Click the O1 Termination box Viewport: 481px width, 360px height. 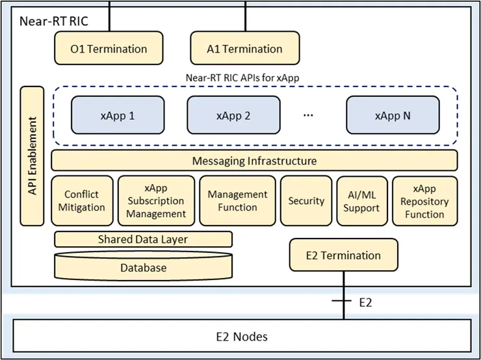109,49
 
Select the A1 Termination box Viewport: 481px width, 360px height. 244,49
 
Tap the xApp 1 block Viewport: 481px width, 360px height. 118,116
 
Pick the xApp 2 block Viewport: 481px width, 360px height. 233,116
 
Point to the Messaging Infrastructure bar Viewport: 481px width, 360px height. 254,161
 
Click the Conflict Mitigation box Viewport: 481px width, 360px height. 81,201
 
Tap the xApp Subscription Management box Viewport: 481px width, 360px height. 156,201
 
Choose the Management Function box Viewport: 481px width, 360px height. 237,201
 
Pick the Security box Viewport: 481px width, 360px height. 306,201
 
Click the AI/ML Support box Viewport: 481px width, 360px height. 361,201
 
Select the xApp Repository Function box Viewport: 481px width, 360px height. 424,201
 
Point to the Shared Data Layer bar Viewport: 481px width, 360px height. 142,239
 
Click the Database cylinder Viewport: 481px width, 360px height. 142,266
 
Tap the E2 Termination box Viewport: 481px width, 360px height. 343,255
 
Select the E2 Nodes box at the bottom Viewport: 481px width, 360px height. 240,337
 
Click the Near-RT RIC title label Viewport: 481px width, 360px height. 53,20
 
